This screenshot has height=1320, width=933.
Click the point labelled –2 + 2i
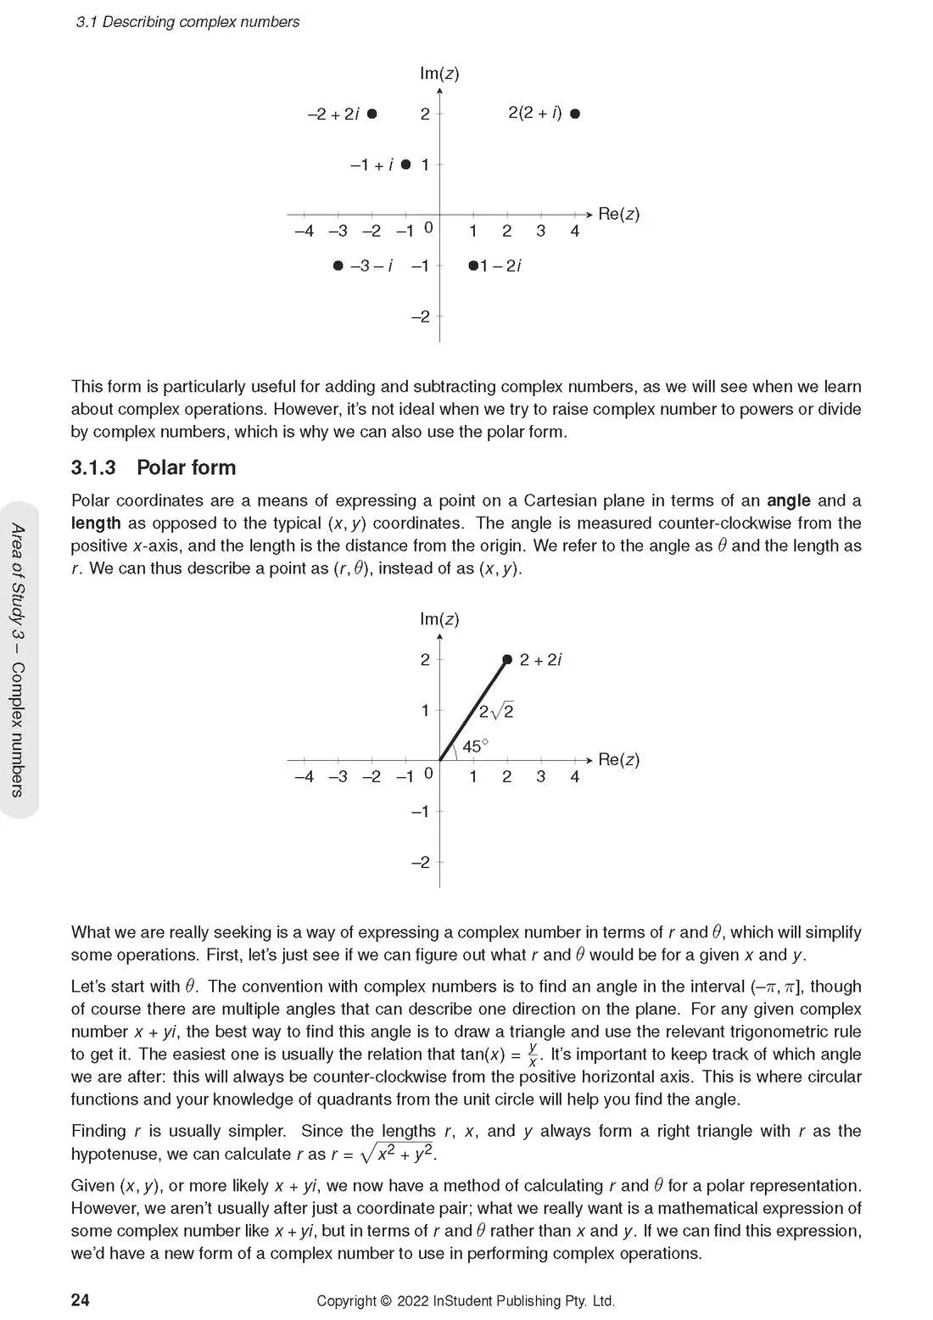click(372, 114)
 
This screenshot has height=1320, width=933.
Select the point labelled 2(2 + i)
click(575, 114)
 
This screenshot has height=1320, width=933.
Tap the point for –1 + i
click(405, 165)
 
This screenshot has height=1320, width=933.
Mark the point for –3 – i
click(338, 266)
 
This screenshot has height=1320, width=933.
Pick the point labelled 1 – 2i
click(473, 266)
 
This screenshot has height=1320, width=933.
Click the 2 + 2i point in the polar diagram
click(507, 659)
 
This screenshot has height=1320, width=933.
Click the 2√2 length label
click(496, 712)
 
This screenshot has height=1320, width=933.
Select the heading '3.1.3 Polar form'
click(154, 467)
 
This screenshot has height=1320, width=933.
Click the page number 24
click(81, 1300)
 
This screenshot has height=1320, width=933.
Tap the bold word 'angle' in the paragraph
click(788, 501)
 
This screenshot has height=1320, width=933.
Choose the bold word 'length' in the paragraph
click(96, 523)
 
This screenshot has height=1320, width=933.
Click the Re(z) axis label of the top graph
click(618, 214)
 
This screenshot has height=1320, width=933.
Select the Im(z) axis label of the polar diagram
click(439, 619)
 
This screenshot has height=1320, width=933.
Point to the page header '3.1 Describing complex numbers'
click(187, 22)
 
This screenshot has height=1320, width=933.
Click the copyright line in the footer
click(466, 1300)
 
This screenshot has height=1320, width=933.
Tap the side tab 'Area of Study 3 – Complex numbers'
click(18, 660)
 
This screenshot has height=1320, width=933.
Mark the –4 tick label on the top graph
click(304, 231)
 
